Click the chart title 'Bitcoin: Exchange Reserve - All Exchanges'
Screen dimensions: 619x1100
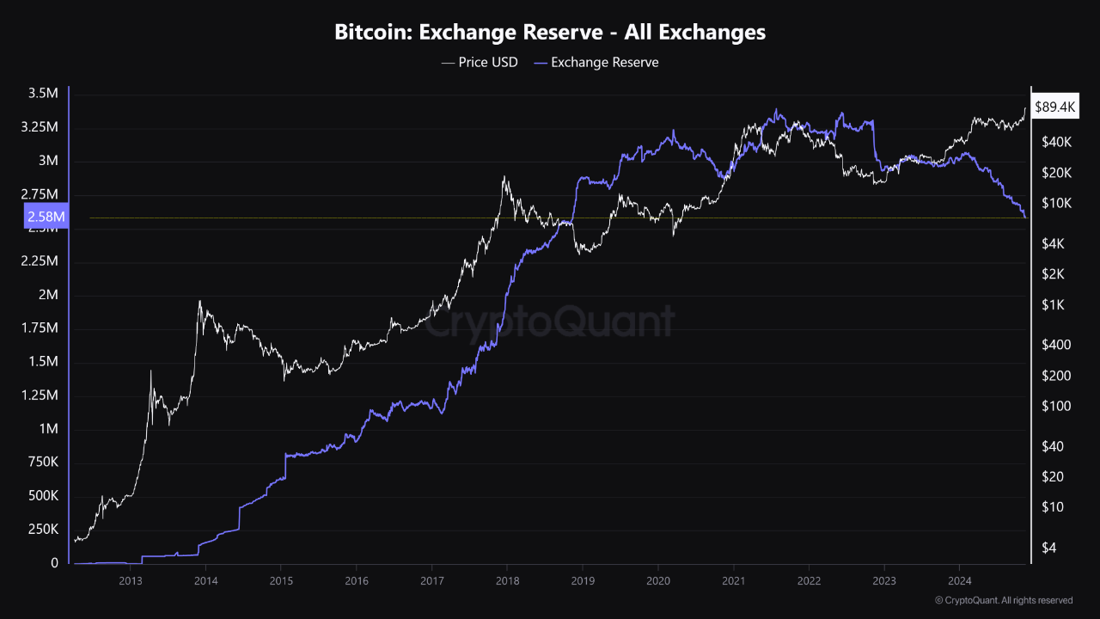pyautogui.click(x=550, y=33)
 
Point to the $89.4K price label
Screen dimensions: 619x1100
pyautogui.click(x=1054, y=107)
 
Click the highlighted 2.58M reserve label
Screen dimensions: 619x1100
pyautogui.click(x=46, y=218)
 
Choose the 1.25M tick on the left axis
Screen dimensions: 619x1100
pyautogui.click(x=41, y=395)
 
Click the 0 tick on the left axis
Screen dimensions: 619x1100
pyautogui.click(x=53, y=563)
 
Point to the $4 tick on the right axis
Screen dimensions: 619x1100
pyautogui.click(x=1051, y=548)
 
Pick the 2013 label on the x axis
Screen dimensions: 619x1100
pyautogui.click(x=130, y=581)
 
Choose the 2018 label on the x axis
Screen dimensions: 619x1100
pyautogui.click(x=507, y=581)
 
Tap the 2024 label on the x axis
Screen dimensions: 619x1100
pyautogui.click(x=960, y=581)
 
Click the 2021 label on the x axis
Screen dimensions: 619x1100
pyautogui.click(x=734, y=581)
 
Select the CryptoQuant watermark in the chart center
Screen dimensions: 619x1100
pyautogui.click(x=550, y=322)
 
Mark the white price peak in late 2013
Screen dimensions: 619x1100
pyautogui.click(x=199, y=301)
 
